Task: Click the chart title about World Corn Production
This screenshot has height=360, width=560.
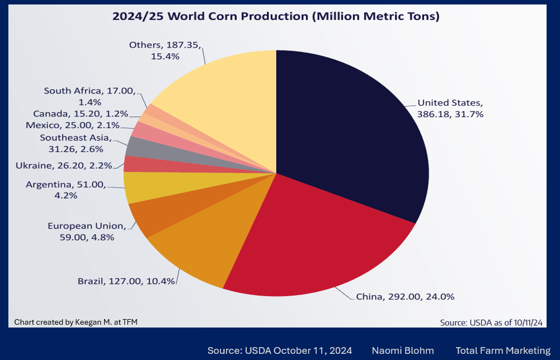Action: coord(276,16)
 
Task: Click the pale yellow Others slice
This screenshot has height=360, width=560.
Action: coord(224,101)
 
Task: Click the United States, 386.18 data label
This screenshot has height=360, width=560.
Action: coord(450,108)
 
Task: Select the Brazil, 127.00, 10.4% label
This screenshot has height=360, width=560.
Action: coord(126,280)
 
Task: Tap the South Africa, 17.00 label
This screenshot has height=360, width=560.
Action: coord(90,96)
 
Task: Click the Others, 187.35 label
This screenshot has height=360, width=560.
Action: coord(165,50)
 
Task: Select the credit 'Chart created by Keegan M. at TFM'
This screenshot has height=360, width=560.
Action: coord(76,321)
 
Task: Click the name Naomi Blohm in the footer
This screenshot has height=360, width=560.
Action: coord(403,350)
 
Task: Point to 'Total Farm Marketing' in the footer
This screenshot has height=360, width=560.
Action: coord(503,350)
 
